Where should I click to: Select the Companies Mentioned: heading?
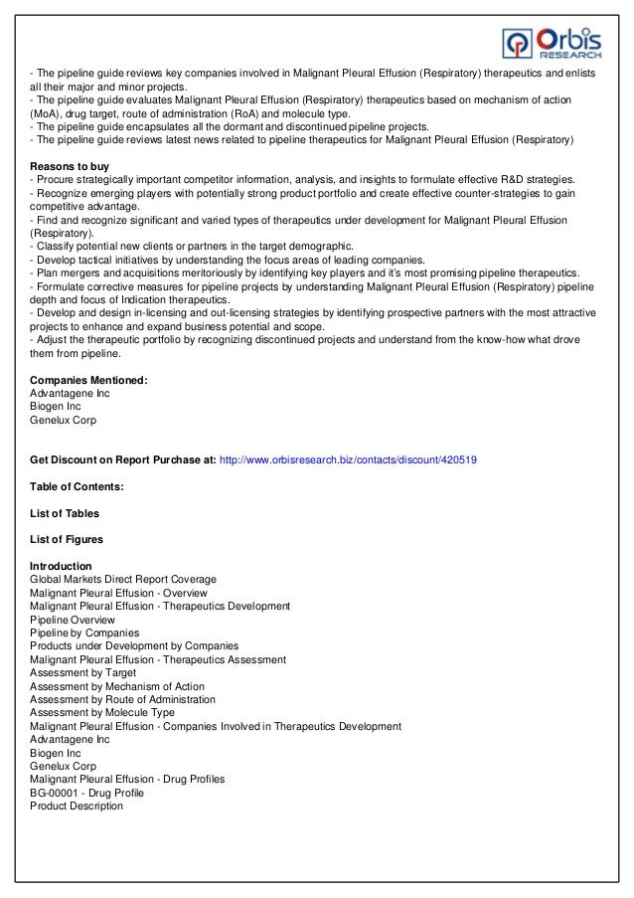[89, 380]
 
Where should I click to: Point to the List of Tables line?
[65, 512]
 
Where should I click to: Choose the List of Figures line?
[68, 539]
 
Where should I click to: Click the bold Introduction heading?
[62, 566]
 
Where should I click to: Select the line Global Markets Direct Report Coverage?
[123, 579]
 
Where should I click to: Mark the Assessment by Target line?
[83, 673]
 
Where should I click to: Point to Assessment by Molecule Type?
[102, 713]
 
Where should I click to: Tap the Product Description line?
[77, 807]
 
